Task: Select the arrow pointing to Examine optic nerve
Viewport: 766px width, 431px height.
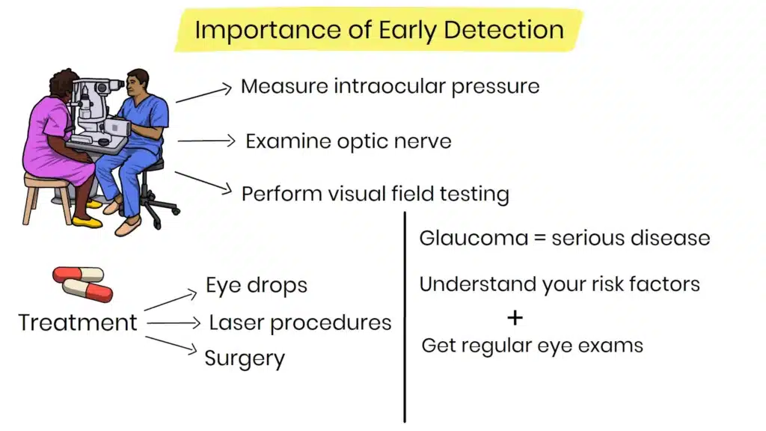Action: (206, 140)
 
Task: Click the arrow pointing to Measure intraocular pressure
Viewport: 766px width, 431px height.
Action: (203, 93)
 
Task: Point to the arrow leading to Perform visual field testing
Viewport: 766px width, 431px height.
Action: (203, 182)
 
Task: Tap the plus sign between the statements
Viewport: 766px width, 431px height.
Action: (515, 317)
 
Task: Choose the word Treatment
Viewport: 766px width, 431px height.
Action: (78, 323)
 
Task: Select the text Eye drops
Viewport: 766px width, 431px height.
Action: (257, 285)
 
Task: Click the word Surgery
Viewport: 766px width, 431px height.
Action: (245, 358)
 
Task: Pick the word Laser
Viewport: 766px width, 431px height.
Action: (236, 323)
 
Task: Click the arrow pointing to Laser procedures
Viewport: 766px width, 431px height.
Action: (174, 323)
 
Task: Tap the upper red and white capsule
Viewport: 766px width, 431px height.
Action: (78, 275)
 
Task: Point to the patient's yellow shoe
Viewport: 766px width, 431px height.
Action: (87, 221)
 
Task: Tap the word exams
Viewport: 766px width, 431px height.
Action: (617, 345)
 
